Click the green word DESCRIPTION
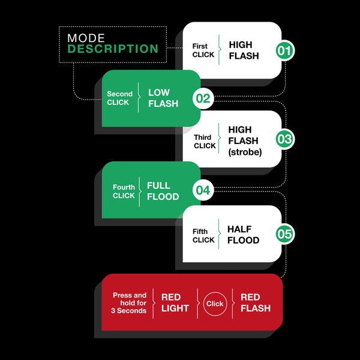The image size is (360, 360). point(113,49)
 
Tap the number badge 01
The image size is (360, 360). point(284,51)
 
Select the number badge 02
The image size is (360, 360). point(203,98)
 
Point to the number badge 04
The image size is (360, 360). point(203,191)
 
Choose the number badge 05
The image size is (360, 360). point(284,235)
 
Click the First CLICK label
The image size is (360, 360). point(203,50)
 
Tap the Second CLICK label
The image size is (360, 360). point(119,98)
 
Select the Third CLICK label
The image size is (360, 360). point(204,141)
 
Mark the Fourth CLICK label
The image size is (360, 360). point(124,191)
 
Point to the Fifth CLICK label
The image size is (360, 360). point(203,235)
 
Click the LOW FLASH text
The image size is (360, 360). point(163,98)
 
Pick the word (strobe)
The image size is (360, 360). point(245,152)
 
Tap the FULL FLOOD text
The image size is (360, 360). point(163,191)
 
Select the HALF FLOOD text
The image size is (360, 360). point(243,235)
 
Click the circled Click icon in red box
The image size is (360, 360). point(215,304)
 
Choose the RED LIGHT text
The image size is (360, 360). point(175,303)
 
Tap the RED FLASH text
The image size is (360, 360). point(255,303)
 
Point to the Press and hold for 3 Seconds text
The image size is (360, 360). point(130,303)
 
